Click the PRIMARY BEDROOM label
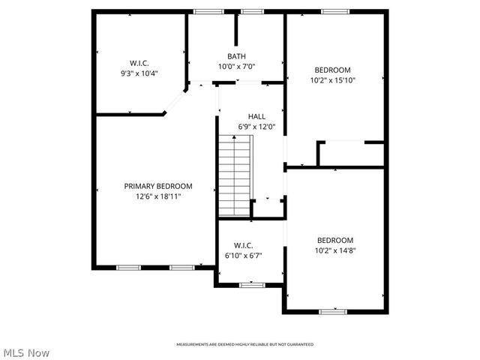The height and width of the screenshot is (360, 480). coord(158,186)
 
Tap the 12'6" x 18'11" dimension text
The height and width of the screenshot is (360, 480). coord(158,196)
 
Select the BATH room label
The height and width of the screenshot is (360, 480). coord(237,56)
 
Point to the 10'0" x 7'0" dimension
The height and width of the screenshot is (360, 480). coord(237,67)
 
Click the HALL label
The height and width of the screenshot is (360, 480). coord(257,116)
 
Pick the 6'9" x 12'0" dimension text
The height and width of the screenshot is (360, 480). coord(257,127)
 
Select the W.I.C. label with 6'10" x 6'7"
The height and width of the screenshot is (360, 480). coord(243,245)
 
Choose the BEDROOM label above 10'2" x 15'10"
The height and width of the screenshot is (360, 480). coord(332,70)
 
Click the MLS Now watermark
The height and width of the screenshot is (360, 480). coord(26,352)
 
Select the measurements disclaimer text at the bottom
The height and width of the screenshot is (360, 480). coord(244,344)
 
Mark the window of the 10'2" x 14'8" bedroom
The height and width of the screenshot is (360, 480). coord(331,311)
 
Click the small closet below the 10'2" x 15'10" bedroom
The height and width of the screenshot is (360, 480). coord(351,154)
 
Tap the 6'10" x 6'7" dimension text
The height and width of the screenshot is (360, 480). coord(243,256)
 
